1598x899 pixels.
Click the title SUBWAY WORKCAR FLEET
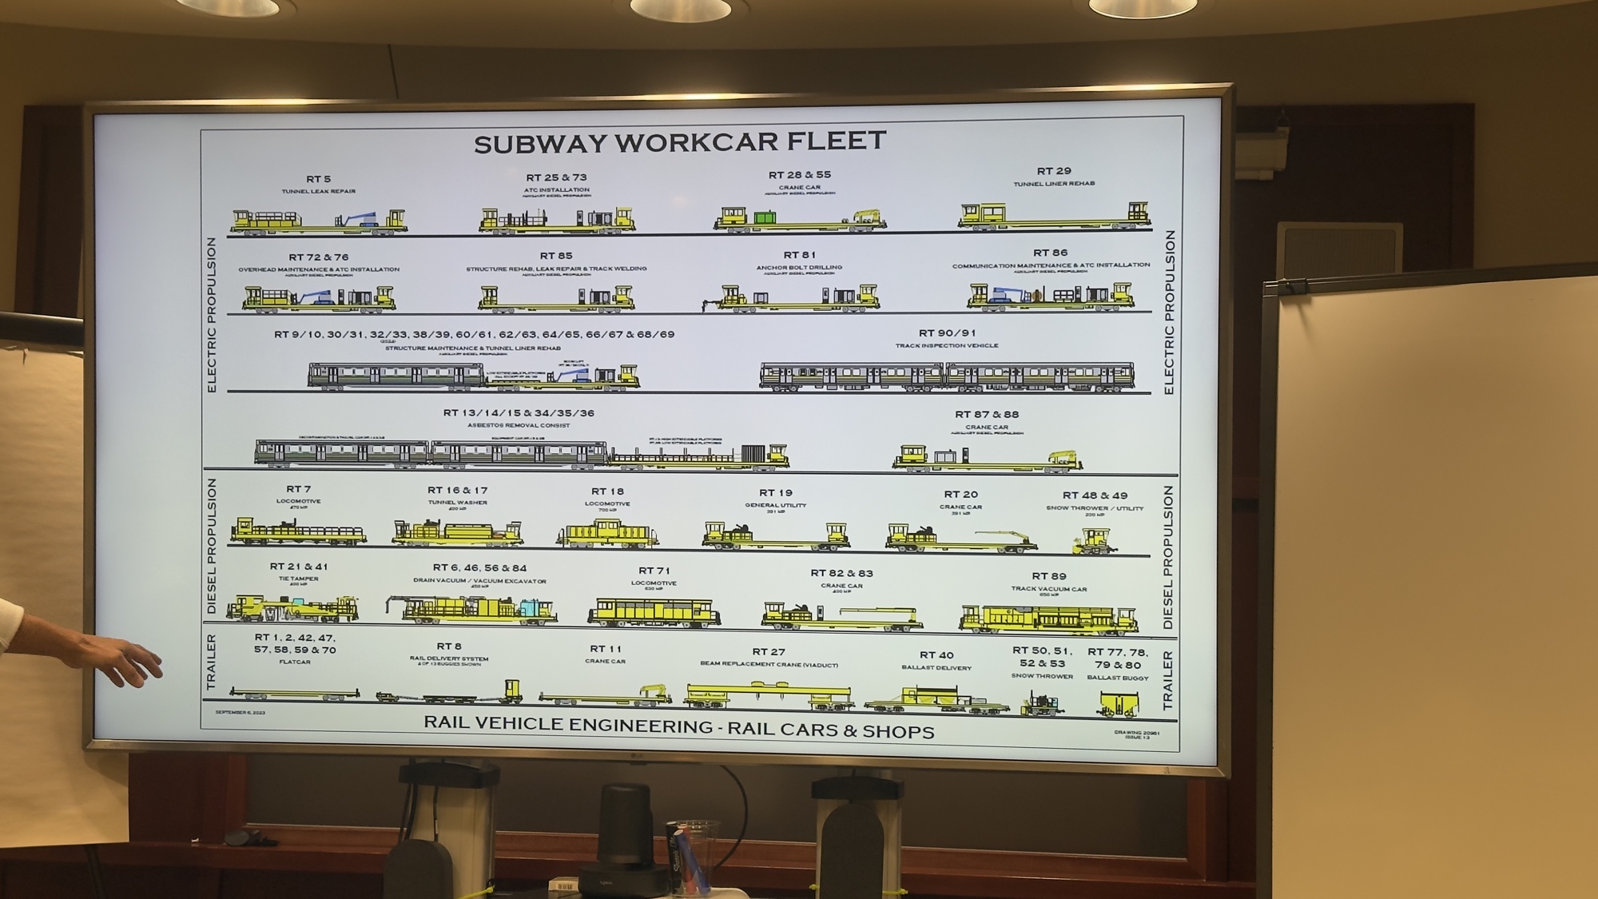pyautogui.click(x=680, y=141)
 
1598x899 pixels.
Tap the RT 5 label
pyautogui.click(x=318, y=179)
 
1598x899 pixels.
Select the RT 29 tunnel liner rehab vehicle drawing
pyautogui.click(x=1055, y=216)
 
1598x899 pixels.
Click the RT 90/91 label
pyautogui.click(x=947, y=333)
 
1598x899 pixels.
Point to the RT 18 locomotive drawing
pyautogui.click(x=607, y=533)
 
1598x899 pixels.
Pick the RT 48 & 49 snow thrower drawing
pyautogui.click(x=1094, y=542)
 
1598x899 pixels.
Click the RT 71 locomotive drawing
pyautogui.click(x=654, y=612)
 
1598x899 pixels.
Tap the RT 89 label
pyautogui.click(x=1049, y=576)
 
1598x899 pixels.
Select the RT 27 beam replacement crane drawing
pyautogui.click(x=769, y=695)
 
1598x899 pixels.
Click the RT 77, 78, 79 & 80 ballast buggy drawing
pyautogui.click(x=1118, y=704)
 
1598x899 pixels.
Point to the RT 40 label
pyautogui.click(x=936, y=655)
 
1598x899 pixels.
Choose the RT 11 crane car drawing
pyautogui.click(x=605, y=695)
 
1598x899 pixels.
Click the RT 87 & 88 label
pyautogui.click(x=987, y=415)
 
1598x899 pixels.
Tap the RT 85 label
pyautogui.click(x=556, y=257)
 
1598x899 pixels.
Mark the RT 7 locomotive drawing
pyautogui.click(x=297, y=531)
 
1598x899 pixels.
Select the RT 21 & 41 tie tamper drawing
pyautogui.click(x=292, y=609)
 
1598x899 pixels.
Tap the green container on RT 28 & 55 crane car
pyautogui.click(x=765, y=217)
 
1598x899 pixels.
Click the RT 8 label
pyautogui.click(x=449, y=646)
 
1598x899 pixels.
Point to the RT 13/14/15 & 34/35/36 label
pyautogui.click(x=519, y=413)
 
